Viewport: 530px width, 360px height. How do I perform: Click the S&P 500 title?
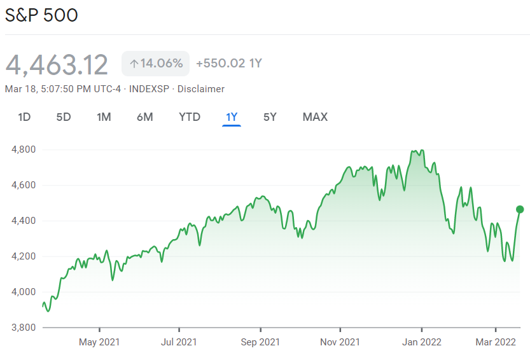(x=41, y=15)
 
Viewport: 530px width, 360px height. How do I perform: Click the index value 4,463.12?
(x=57, y=64)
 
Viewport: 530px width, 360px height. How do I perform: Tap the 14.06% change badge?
(x=156, y=64)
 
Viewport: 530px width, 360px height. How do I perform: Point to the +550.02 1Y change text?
(x=229, y=64)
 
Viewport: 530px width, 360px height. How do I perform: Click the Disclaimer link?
(x=201, y=89)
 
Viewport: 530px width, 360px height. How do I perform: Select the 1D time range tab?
(x=24, y=117)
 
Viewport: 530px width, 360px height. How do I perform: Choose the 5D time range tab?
(x=64, y=117)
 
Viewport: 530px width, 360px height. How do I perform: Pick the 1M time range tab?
(x=104, y=117)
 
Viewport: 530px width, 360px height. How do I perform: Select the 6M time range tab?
(x=144, y=117)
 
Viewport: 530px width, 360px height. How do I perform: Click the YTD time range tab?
(x=190, y=117)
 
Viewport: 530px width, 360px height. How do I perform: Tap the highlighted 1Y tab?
(x=232, y=117)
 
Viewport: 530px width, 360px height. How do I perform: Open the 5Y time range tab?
(x=270, y=117)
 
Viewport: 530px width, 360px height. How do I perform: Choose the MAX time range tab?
(x=315, y=117)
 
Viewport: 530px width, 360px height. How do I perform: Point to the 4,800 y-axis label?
(x=23, y=150)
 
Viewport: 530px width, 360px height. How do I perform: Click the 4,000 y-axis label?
(x=23, y=292)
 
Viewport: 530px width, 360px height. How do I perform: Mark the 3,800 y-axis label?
(x=23, y=328)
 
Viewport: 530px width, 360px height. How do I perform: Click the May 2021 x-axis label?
(x=100, y=342)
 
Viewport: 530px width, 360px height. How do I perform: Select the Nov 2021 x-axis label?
(x=340, y=342)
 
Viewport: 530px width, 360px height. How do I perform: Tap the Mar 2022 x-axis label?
(x=496, y=342)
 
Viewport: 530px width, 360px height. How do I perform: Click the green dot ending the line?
(x=520, y=209)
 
